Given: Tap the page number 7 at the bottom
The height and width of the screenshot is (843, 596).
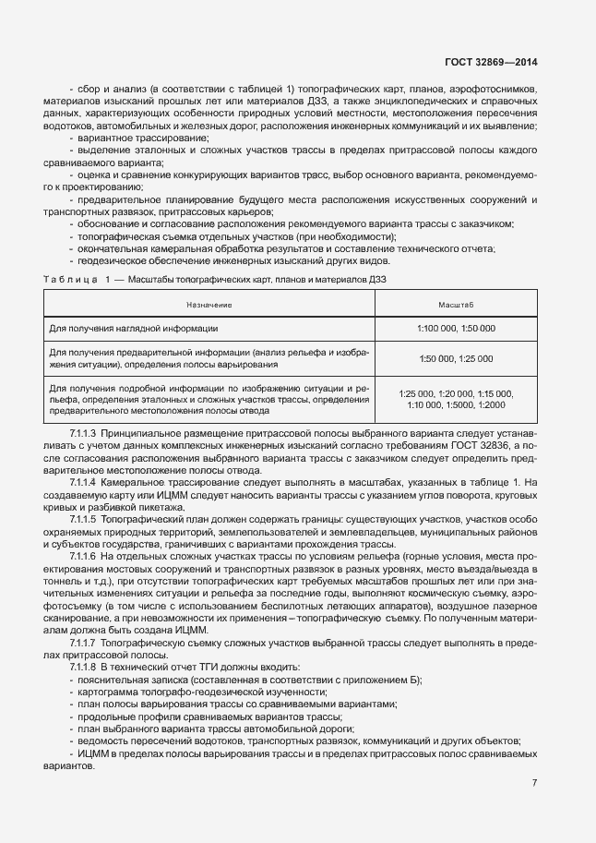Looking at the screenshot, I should click(x=535, y=783).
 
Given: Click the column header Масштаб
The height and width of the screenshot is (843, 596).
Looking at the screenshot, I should click(x=456, y=304).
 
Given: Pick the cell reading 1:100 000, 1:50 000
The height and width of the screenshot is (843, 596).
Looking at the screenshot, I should click(x=456, y=328).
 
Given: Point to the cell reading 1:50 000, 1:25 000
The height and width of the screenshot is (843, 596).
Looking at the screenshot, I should click(x=456, y=357).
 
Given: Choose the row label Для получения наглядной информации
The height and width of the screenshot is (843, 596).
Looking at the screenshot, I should click(x=134, y=328).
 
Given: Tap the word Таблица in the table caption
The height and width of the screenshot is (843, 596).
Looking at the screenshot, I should click(x=69, y=279).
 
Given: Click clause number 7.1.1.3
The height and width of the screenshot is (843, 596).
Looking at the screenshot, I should click(x=84, y=433).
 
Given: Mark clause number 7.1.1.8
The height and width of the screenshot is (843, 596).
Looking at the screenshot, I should click(x=84, y=667).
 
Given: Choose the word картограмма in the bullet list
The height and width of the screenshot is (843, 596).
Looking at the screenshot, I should click(x=109, y=692).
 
